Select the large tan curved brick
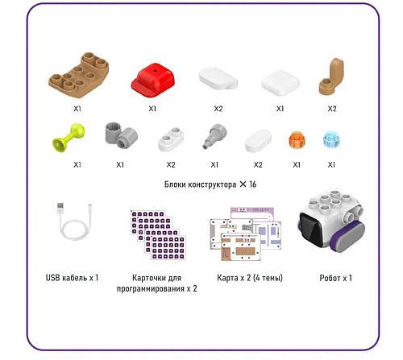coord(79,74)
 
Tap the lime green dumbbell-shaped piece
coord(69,138)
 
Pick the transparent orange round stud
coord(296,140)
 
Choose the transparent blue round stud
coord(331,139)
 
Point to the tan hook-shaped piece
coord(331,77)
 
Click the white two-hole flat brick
coord(171,139)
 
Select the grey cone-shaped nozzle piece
coord(214,135)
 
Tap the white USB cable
coord(74,221)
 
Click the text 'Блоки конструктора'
coord(200,184)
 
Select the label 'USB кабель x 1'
coord(72,278)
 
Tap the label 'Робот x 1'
coord(335,278)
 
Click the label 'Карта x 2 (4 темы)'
coord(250,278)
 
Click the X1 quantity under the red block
coord(152,109)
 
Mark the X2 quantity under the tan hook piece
coord(332,109)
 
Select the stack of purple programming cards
coord(158,235)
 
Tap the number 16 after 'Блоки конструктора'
coord(252,184)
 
